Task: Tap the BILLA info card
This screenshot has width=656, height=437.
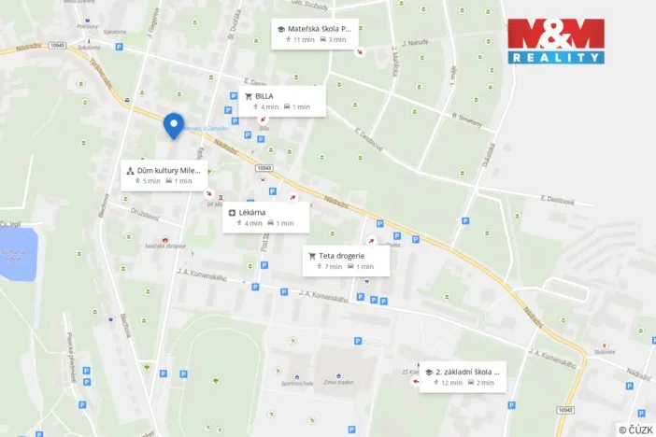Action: [x=281, y=101]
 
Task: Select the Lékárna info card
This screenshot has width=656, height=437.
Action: [x=262, y=218]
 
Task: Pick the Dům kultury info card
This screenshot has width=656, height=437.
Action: [x=164, y=175]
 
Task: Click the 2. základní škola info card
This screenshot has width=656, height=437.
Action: [x=462, y=376]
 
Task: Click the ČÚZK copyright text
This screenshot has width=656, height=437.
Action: [x=635, y=429]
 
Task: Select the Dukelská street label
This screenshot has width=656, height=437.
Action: [x=489, y=154]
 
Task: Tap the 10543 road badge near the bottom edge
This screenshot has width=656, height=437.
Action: [x=564, y=409]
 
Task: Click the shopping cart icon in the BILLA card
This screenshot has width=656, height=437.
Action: [x=249, y=95]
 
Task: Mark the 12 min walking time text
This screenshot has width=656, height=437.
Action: [x=450, y=383]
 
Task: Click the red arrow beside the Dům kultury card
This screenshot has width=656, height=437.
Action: [x=209, y=194]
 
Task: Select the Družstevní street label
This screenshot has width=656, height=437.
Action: [x=144, y=213]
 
